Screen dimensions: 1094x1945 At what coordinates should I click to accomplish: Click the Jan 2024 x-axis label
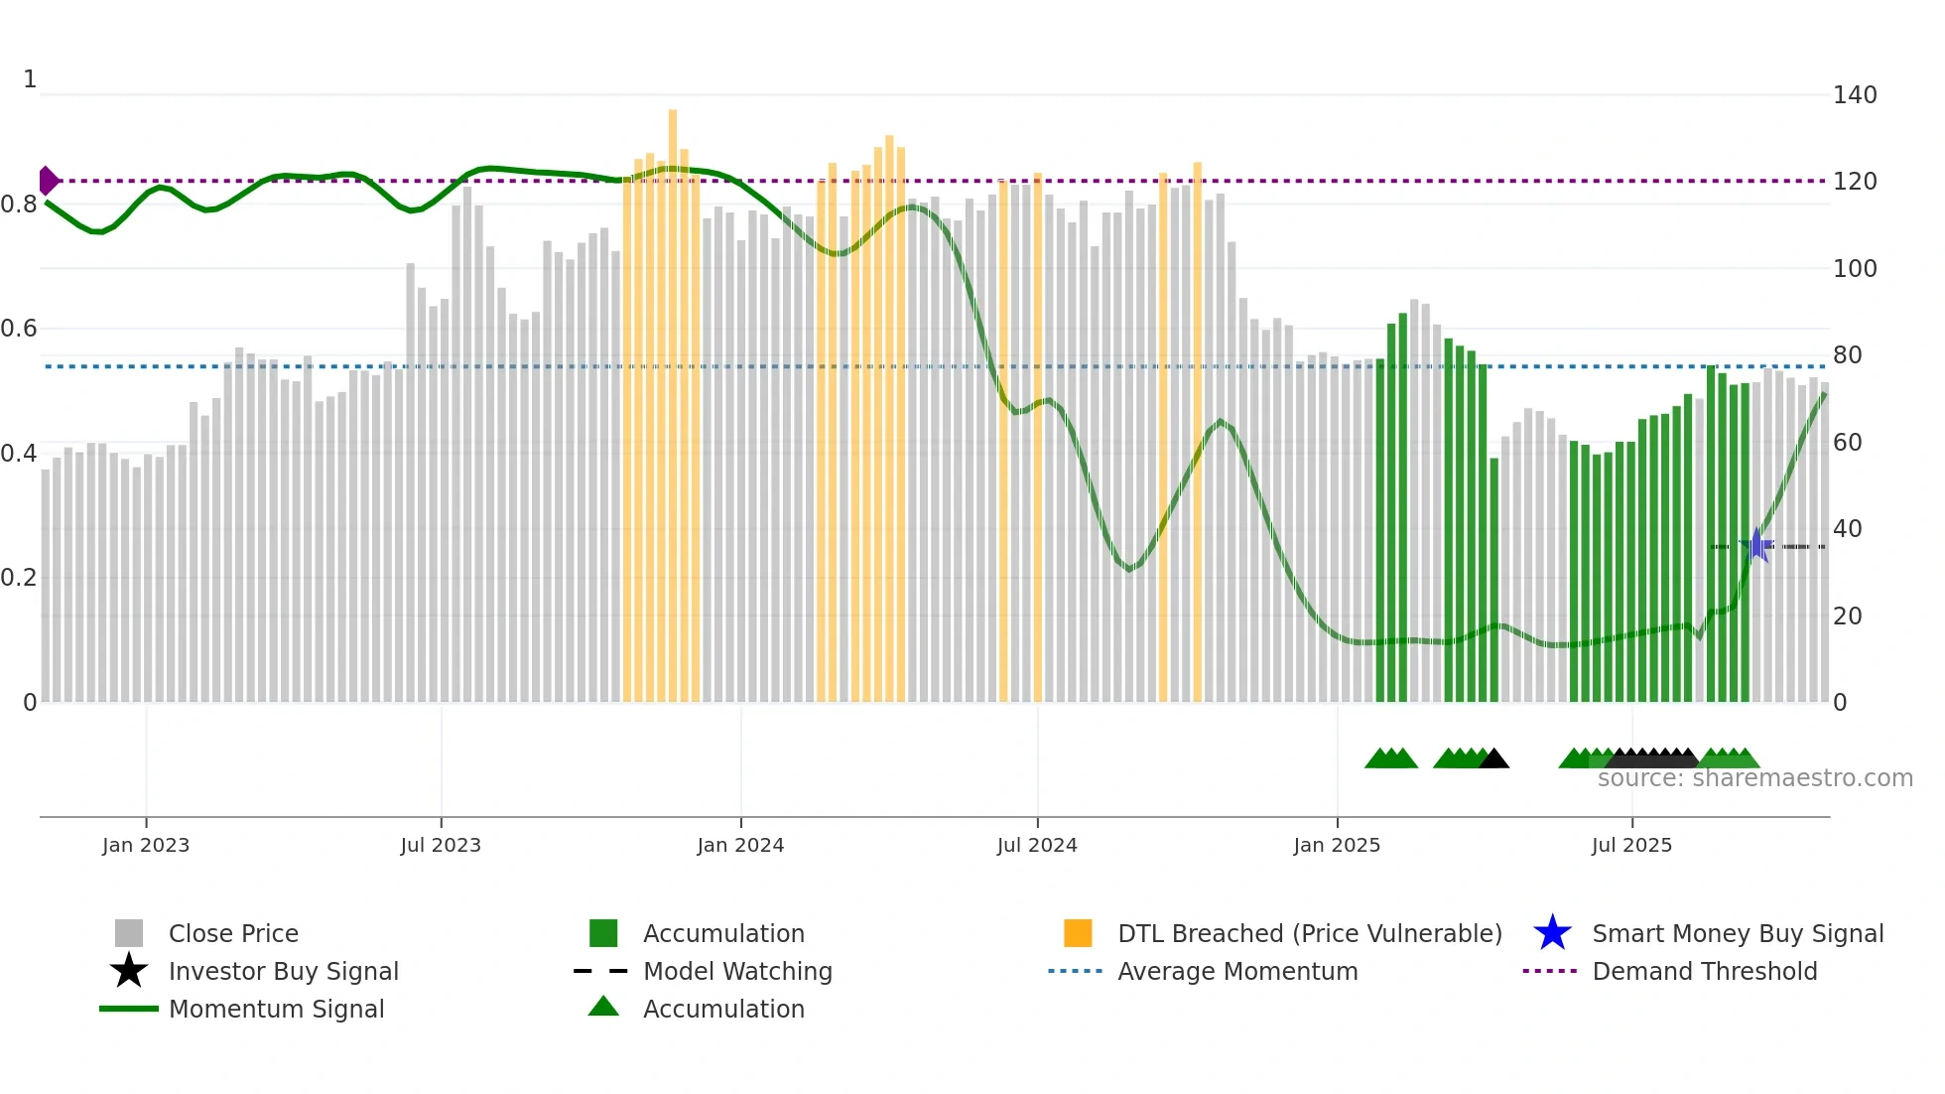pos(740,845)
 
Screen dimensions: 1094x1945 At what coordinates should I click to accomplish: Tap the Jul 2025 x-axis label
pos(1631,845)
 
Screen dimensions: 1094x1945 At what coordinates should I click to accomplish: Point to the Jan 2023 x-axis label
pos(146,845)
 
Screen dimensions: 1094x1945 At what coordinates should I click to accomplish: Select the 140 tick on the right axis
pos(1854,95)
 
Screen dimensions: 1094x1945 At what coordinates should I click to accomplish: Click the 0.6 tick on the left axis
pos(19,329)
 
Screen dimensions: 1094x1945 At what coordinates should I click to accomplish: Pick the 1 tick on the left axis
pos(30,79)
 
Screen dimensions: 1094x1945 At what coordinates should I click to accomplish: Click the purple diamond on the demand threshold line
pos(48,181)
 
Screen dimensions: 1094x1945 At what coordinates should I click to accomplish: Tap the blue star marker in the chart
pos(1756,545)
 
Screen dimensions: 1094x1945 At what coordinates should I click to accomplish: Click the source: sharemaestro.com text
pos(1754,778)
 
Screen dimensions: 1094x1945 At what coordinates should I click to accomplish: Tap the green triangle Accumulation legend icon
pos(603,1007)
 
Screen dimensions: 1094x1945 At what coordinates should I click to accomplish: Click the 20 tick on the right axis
pos(1847,616)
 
